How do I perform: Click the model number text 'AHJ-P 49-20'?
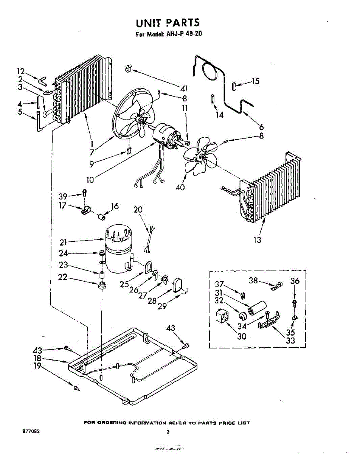(184, 34)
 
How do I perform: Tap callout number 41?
(184, 89)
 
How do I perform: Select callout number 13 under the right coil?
(257, 240)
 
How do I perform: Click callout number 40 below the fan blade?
(180, 187)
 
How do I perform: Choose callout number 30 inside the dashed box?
(241, 336)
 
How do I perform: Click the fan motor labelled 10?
(166, 135)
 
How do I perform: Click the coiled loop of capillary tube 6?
(209, 71)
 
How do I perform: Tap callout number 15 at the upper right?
(256, 81)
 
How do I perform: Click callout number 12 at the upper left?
(21, 71)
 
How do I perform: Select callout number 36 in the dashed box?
(295, 281)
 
